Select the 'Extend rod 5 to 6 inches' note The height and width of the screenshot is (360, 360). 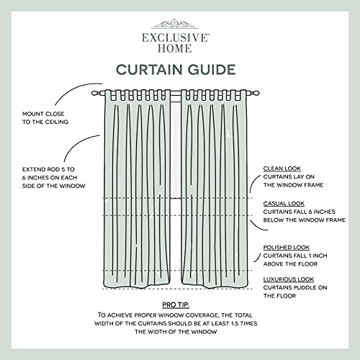coord(55,178)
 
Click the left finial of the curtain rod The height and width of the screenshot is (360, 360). coord(96,93)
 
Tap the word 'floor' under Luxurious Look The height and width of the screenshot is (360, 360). coord(278,296)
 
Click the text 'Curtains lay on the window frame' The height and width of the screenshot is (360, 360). coord(292,181)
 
